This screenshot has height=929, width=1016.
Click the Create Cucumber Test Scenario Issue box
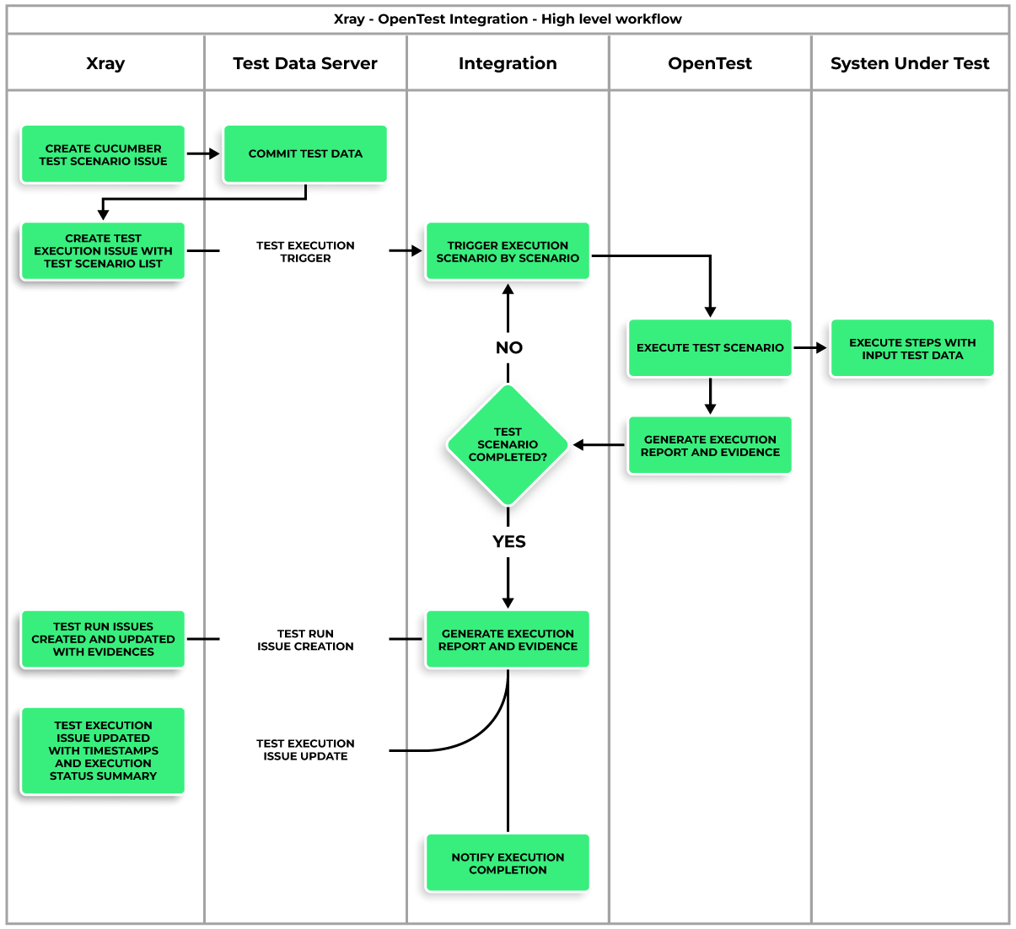(x=103, y=154)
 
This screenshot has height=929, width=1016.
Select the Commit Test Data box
(x=305, y=154)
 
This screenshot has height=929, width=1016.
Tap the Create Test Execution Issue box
(x=103, y=251)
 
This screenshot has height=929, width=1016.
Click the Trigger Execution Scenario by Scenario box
(x=508, y=251)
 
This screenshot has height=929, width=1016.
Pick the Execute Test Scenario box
(x=710, y=347)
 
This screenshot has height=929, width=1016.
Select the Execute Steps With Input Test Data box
(x=912, y=348)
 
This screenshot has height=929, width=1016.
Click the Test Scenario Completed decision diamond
(x=508, y=444)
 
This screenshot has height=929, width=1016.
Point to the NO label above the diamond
(x=508, y=347)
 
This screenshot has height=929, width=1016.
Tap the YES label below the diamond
(x=508, y=541)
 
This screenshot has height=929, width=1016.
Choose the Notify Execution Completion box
(x=508, y=863)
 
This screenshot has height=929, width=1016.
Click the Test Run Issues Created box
(x=103, y=639)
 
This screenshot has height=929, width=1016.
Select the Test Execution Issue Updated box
(x=103, y=750)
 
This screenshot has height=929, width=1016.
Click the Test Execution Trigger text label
(x=305, y=251)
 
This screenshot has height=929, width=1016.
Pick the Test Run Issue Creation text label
(x=305, y=640)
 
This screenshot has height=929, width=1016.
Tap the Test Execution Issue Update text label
(x=305, y=749)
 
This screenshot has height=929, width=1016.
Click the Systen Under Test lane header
(x=910, y=63)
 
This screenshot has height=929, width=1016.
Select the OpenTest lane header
(x=710, y=63)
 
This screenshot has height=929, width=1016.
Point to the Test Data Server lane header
(x=305, y=63)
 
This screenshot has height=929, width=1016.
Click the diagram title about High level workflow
(x=508, y=19)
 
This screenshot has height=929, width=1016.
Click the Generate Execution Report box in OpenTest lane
(x=710, y=445)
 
